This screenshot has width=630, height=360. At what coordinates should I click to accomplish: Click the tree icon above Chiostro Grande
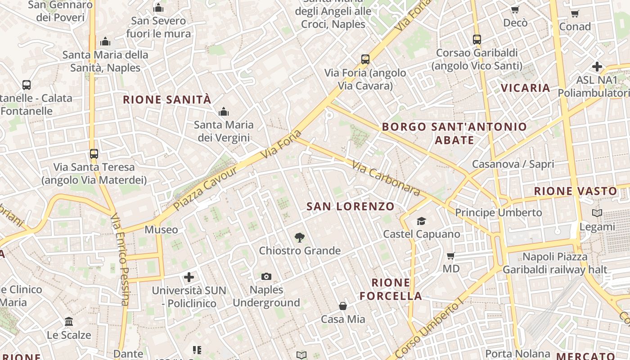[299, 237]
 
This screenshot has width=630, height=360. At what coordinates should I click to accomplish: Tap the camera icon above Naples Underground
[266, 276]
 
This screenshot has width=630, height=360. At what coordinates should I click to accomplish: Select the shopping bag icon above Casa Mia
[343, 306]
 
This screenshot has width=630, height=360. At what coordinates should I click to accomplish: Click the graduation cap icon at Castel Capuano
[421, 221]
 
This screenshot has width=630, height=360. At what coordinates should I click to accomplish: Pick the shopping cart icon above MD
[450, 256]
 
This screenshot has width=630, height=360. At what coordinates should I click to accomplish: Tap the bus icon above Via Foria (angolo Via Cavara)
[365, 59]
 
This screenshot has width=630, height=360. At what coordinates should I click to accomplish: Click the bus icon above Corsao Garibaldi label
[477, 39]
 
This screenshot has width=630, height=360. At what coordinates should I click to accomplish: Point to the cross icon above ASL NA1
[597, 67]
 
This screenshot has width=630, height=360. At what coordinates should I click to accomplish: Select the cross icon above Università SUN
[189, 277]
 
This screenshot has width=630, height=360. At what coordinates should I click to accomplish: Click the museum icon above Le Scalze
[69, 322]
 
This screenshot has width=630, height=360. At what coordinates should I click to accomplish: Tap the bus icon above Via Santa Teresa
[94, 153]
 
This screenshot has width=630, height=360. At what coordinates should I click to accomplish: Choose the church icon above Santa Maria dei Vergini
[224, 112]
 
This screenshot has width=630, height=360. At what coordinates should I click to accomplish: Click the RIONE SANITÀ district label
[167, 99]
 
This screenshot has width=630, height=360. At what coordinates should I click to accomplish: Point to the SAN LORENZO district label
[350, 207]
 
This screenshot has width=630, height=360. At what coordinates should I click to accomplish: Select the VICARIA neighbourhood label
[526, 88]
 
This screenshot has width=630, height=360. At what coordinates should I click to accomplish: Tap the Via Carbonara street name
[386, 179]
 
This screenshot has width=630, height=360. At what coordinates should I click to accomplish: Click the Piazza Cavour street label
[205, 188]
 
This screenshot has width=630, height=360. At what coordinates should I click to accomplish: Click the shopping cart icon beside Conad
[575, 13]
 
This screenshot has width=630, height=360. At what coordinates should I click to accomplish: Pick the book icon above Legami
[597, 213]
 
